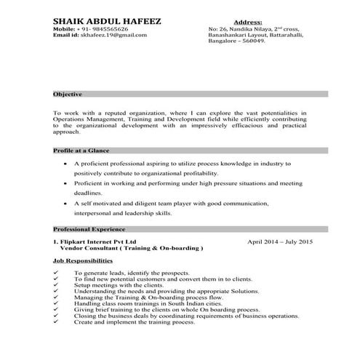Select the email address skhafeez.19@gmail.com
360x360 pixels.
(113, 35)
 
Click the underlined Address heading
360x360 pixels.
(248, 23)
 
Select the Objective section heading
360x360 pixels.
(67, 95)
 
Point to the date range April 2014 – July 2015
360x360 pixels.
(280, 241)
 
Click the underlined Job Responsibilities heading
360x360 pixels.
(83, 260)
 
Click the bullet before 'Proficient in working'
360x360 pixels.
(67, 185)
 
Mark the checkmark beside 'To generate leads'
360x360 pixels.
(57, 271)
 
